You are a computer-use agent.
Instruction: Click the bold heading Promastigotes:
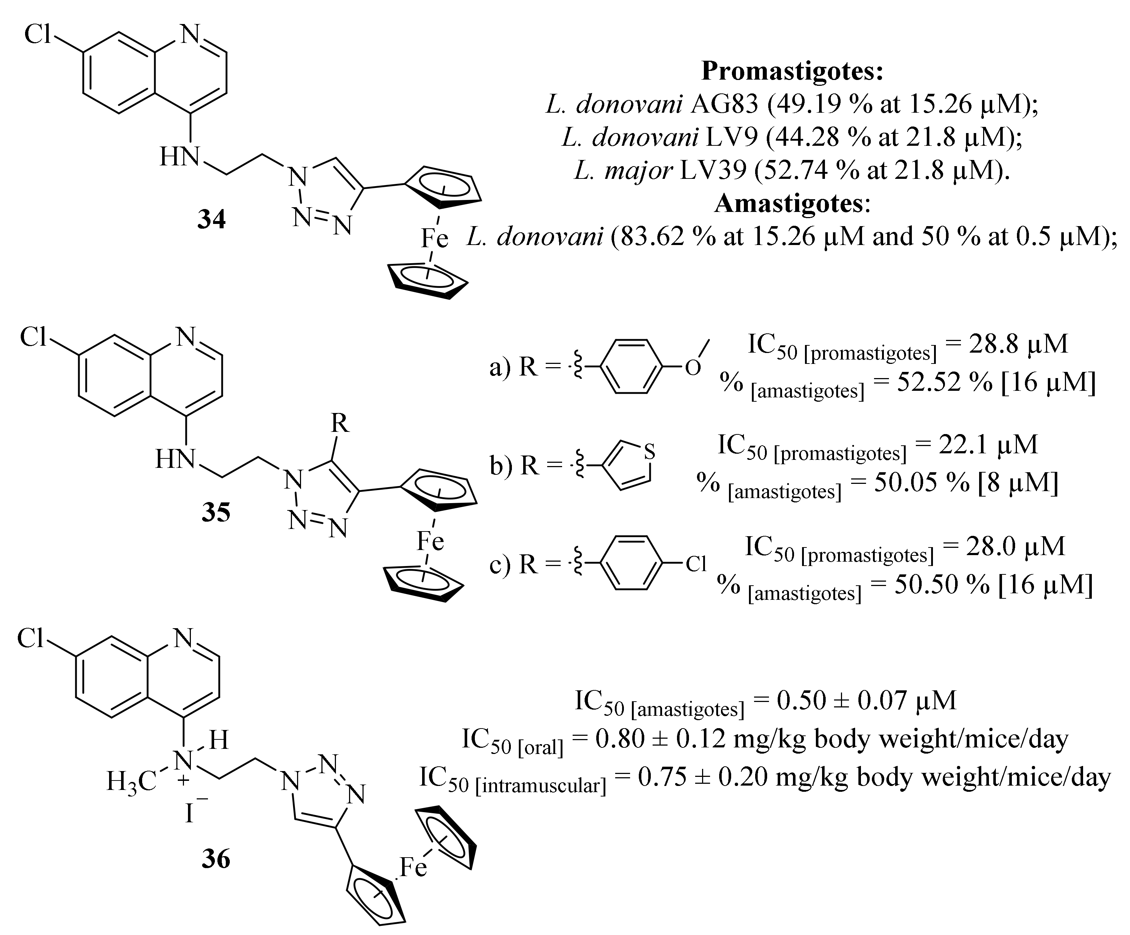(x=792, y=71)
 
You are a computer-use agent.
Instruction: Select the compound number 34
(x=212, y=220)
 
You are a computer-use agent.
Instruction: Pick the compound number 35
(x=216, y=512)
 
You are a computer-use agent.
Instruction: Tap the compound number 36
(x=216, y=859)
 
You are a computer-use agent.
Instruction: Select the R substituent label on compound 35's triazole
(x=340, y=424)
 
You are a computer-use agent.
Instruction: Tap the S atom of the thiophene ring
(x=649, y=452)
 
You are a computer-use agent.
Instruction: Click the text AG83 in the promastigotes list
(x=724, y=104)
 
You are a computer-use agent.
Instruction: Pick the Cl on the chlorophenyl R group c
(x=695, y=564)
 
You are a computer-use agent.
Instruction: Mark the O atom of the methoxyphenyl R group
(x=693, y=368)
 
